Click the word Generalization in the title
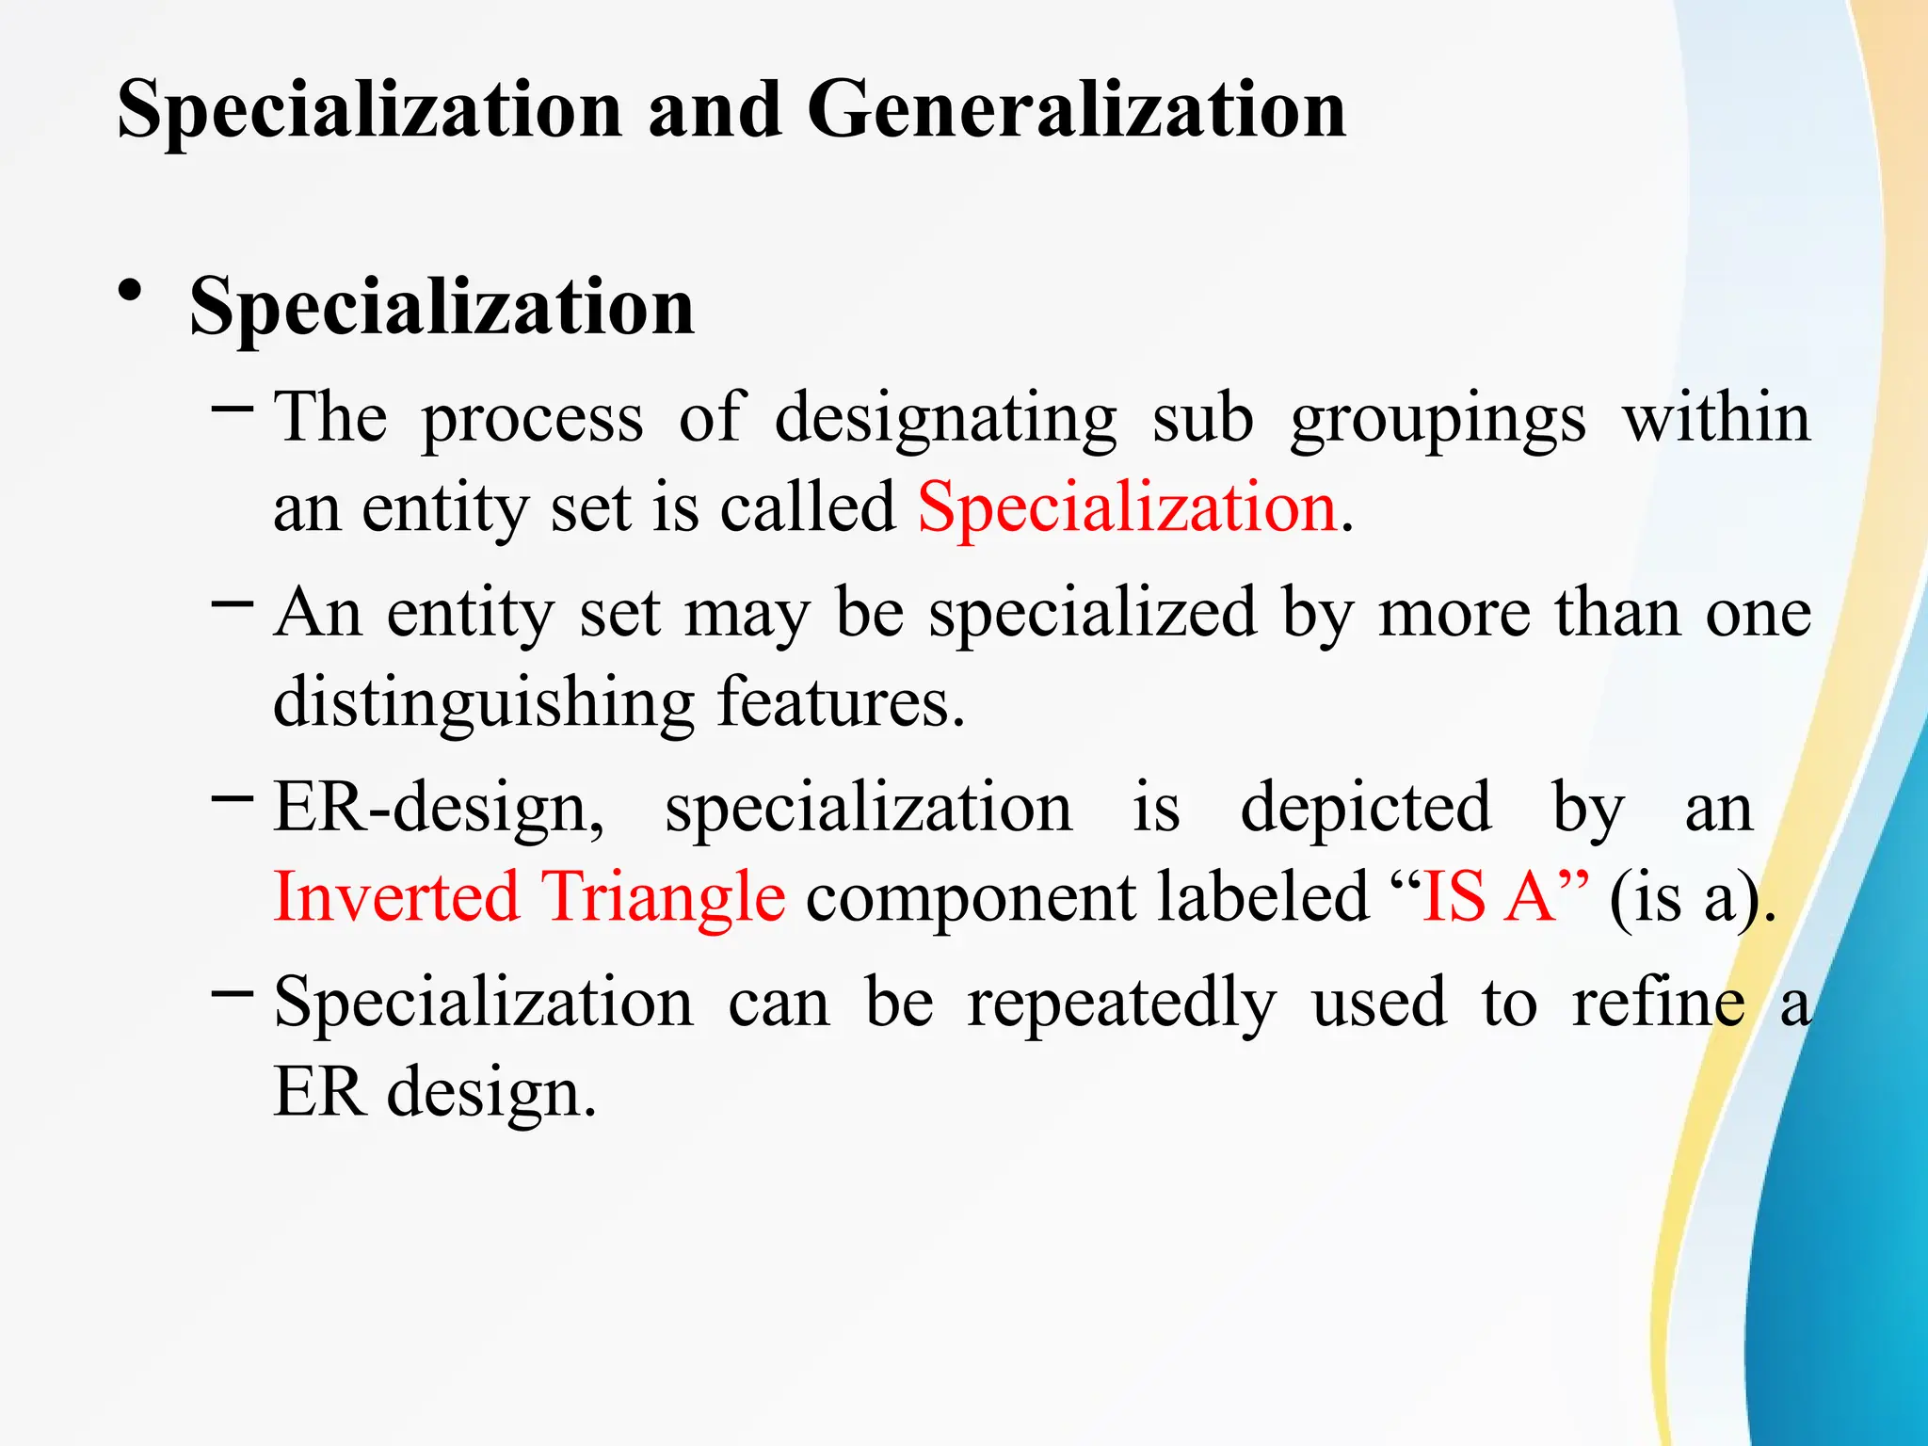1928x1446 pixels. coord(1076,110)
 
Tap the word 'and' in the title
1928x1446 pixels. coord(715,110)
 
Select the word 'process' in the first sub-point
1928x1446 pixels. coord(532,419)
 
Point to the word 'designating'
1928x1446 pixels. coord(945,419)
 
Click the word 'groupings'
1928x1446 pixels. coord(1438,419)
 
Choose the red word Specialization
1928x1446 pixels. coord(1127,507)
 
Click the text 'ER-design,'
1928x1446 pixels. coord(439,808)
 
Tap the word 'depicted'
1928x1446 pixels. coord(1365,808)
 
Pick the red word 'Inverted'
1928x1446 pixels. coord(396,896)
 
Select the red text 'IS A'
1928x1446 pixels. coord(1487,896)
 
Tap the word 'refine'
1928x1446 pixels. coord(1658,1002)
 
